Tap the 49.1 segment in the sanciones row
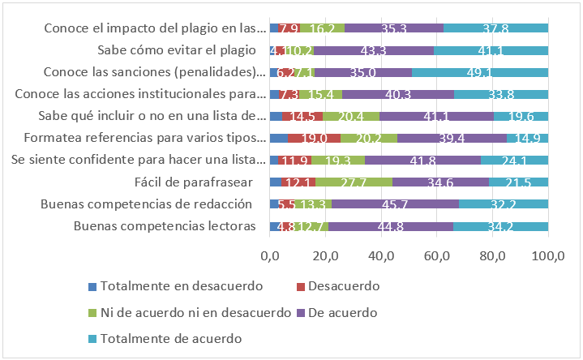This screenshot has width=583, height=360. (480, 72)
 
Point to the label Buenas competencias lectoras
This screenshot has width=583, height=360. (170, 225)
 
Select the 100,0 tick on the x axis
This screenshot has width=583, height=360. (547, 257)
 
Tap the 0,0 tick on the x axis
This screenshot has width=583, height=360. (269, 257)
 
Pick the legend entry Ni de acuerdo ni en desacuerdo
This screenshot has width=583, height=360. (195, 311)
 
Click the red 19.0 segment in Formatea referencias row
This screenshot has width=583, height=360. (314, 138)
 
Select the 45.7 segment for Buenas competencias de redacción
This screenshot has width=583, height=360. (395, 203)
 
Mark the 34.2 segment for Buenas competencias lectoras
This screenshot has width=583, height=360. (500, 225)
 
